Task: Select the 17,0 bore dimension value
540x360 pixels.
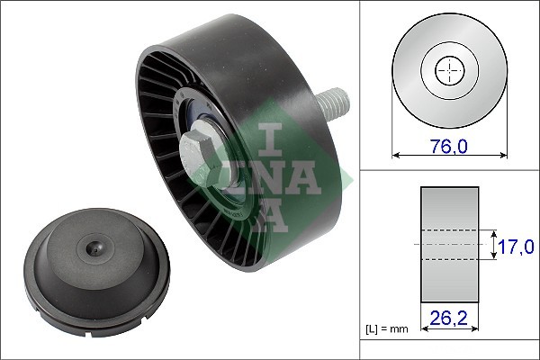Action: click(517, 245)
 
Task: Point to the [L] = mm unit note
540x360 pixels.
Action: click(387, 329)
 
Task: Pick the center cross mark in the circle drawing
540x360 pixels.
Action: click(447, 70)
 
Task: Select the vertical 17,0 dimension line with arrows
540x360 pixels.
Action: click(495, 245)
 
